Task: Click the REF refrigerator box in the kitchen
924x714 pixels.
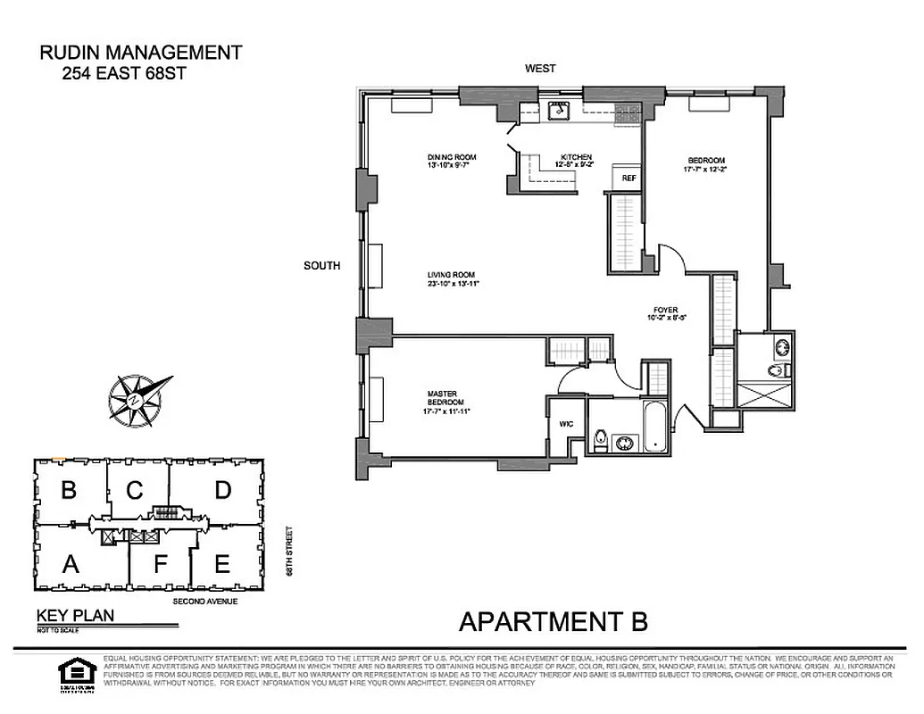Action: [628, 178]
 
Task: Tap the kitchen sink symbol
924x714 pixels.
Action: [560, 111]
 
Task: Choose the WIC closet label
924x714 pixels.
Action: [565, 425]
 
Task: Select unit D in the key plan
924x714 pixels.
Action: [223, 489]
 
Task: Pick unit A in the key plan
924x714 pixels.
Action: [69, 563]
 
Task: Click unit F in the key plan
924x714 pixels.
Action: [160, 564]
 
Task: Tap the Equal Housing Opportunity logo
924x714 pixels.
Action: [72, 670]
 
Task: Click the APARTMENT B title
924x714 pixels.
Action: [553, 620]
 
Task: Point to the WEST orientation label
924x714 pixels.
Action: [540, 69]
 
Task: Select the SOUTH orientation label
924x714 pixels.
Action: [322, 265]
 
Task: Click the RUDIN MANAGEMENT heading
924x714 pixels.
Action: [141, 53]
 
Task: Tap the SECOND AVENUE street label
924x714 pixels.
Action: [204, 602]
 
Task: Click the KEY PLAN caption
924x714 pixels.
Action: [75, 615]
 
